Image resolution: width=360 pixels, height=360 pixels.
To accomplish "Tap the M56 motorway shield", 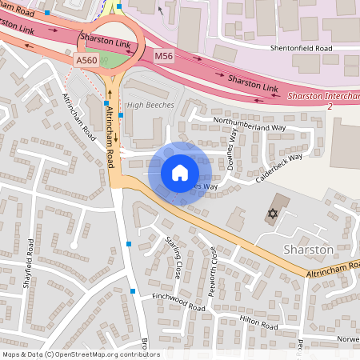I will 164,56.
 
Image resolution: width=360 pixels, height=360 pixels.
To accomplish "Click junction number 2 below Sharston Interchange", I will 329,106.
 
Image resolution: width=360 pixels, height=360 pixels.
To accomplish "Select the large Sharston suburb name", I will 308,250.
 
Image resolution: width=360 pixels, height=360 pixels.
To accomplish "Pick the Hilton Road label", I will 258,322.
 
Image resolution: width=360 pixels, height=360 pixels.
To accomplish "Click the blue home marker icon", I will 179,173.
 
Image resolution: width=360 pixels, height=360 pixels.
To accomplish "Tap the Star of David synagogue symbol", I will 272,214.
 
